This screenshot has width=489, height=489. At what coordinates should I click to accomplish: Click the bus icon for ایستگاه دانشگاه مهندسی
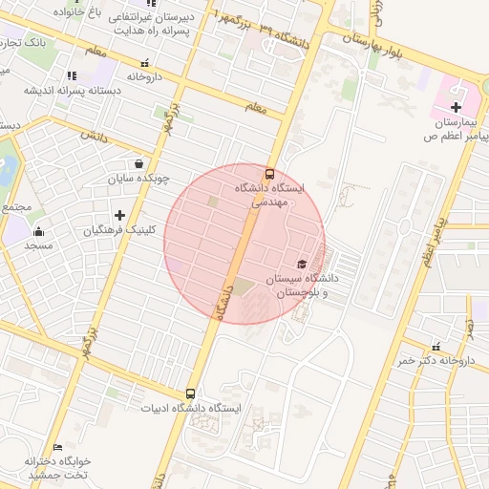point(269,174)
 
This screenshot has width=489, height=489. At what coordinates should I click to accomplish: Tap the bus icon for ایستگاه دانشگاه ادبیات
point(190,393)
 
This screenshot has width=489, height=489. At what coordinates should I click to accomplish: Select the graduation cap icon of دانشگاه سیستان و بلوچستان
point(302,265)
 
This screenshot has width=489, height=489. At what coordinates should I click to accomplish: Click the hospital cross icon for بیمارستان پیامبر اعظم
point(456,107)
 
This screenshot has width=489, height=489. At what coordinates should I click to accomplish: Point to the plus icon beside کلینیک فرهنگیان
point(118,215)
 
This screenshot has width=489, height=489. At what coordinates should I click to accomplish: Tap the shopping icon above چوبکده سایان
point(140,162)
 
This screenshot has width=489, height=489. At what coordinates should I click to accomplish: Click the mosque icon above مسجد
point(39,231)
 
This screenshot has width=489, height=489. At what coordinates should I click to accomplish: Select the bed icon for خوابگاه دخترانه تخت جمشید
point(58,447)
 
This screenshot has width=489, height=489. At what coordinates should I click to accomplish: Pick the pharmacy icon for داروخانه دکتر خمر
point(436,347)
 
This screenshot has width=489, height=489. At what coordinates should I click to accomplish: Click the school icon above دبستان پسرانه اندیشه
point(71,75)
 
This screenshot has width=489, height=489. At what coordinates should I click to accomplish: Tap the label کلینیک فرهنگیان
point(94,230)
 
